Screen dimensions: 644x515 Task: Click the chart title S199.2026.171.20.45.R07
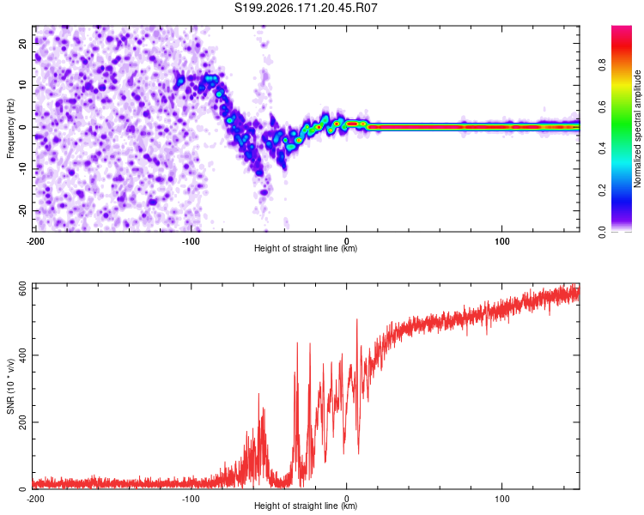click(306, 8)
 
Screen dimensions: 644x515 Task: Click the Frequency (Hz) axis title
click(10, 129)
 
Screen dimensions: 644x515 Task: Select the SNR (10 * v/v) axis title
click(10, 386)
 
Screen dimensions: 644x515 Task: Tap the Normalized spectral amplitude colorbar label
click(637, 129)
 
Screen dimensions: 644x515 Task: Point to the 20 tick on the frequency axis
click(22, 43)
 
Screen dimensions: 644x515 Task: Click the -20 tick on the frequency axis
click(22, 211)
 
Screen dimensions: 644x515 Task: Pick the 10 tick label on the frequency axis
click(22, 85)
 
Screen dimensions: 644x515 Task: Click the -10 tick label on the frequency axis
click(22, 169)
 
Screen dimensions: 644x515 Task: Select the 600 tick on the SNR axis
click(22, 288)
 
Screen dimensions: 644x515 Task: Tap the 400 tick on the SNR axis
click(22, 355)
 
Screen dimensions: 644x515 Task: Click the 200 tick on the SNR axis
click(22, 422)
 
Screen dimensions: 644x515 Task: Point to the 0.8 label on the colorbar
click(602, 65)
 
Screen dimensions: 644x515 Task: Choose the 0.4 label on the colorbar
click(602, 148)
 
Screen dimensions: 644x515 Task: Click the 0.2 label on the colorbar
click(602, 191)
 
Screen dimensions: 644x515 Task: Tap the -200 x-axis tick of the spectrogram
click(35, 241)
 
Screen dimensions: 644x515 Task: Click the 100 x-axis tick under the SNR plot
click(502, 499)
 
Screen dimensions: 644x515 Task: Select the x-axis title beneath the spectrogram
click(306, 248)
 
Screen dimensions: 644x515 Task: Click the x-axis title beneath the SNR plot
click(306, 506)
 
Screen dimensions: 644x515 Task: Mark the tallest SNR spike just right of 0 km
click(356, 319)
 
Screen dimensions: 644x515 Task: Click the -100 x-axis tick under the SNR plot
click(191, 499)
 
